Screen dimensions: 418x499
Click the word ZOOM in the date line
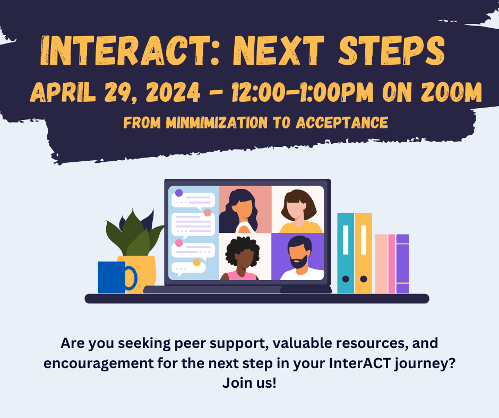[449, 93]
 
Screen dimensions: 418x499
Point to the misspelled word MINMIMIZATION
[217, 123]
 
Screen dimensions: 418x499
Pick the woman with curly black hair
[244, 257]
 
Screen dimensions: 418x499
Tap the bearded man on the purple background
[298, 257]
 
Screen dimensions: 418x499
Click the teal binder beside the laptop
[346, 254]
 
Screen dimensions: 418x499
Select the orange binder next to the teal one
[364, 254]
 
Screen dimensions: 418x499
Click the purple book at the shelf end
[402, 264]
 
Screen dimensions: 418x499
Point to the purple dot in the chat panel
[179, 193]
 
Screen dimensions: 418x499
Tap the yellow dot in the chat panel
[196, 262]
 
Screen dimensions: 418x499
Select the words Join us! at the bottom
[249, 383]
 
